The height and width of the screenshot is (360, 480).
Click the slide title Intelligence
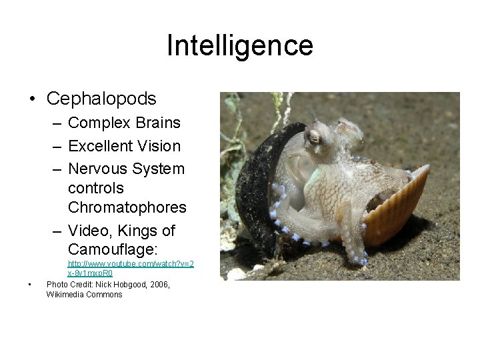click(x=239, y=46)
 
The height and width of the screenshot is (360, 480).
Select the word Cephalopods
click(x=101, y=99)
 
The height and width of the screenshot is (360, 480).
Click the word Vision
click(x=159, y=146)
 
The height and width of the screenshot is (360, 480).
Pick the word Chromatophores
click(x=127, y=207)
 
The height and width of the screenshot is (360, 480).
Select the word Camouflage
click(x=109, y=249)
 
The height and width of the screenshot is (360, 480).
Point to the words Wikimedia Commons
click(x=85, y=295)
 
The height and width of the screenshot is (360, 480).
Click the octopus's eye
click(x=313, y=139)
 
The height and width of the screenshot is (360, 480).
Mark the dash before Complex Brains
click(x=57, y=123)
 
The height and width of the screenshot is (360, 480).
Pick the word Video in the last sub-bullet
click(x=90, y=231)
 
